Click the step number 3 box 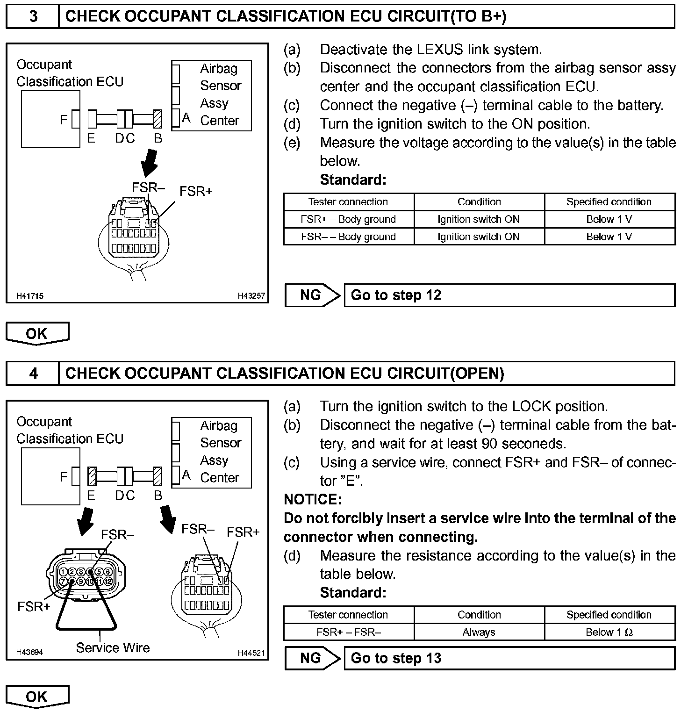(33, 17)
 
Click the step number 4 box (33, 374)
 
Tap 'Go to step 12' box (509, 295)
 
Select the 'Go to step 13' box (509, 658)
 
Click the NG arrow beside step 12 (312, 295)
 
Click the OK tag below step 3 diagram (37, 334)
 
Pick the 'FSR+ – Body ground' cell (348, 219)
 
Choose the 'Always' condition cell (479, 632)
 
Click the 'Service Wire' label (113, 648)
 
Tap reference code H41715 (30, 296)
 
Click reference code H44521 (251, 653)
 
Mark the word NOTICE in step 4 (312, 499)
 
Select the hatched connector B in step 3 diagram (158, 119)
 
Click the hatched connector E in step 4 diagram (92, 476)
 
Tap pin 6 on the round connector (107, 572)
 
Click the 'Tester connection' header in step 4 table (348, 615)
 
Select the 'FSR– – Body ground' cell (348, 237)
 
